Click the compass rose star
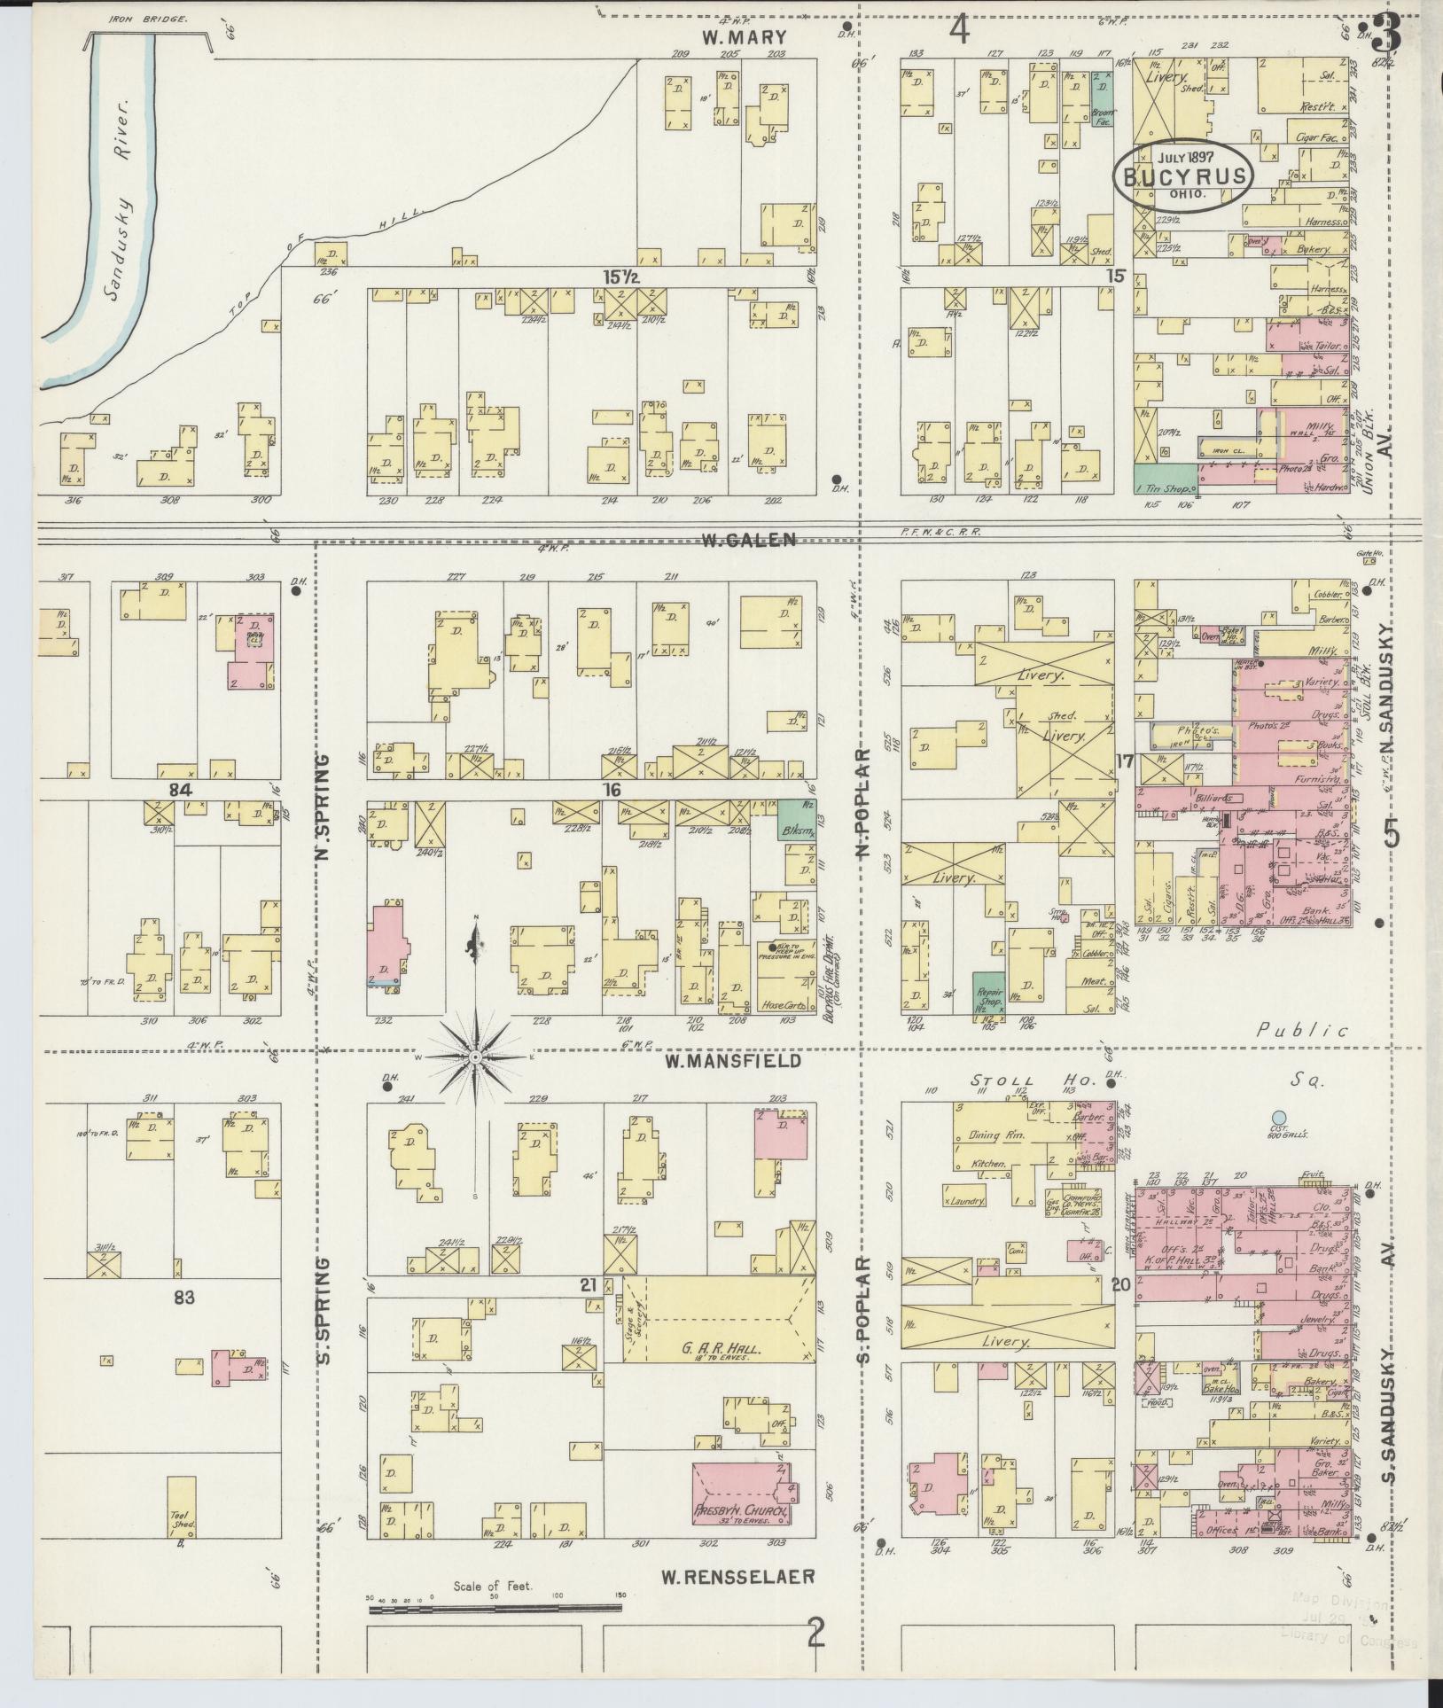pos(475,1057)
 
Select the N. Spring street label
pos(323,807)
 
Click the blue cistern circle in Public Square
pos(1277,1119)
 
